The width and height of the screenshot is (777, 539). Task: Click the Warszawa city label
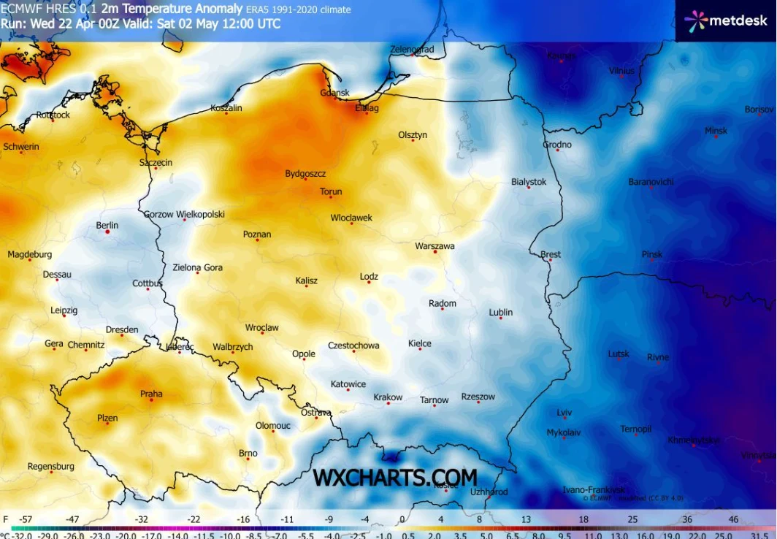(x=435, y=246)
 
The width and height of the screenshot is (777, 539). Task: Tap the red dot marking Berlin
(x=107, y=232)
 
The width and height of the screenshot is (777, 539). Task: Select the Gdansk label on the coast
(x=334, y=93)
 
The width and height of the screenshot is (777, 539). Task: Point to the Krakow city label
(x=388, y=397)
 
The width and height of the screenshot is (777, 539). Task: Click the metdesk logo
(x=726, y=20)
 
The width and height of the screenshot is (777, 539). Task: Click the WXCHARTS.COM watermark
(x=395, y=478)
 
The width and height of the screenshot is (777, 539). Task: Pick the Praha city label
(x=151, y=394)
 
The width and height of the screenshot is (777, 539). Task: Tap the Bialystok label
(x=529, y=182)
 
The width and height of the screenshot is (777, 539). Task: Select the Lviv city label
(x=564, y=412)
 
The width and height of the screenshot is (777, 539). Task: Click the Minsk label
(x=716, y=131)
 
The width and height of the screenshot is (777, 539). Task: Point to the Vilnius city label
(x=621, y=71)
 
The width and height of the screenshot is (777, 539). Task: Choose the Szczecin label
(x=156, y=163)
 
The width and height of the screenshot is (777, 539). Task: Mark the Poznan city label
(x=257, y=234)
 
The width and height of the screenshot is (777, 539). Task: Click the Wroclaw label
(x=261, y=328)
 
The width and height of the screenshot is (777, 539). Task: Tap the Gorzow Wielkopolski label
(x=184, y=215)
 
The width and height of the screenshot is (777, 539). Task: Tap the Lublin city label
(x=500, y=312)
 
